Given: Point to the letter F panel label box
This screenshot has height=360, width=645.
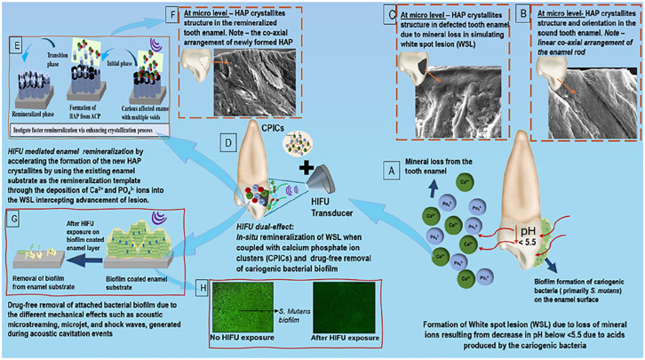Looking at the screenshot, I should (171, 13).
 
